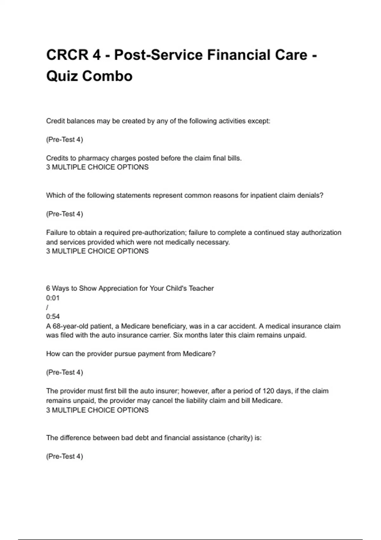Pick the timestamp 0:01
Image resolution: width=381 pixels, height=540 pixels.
pyautogui.click(x=53, y=298)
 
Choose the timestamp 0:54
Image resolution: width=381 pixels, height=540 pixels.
pyautogui.click(x=53, y=316)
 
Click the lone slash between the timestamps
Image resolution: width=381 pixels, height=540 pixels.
pyautogui.click(x=47, y=307)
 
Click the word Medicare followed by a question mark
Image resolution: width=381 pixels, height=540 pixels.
pyautogui.click(x=199, y=354)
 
